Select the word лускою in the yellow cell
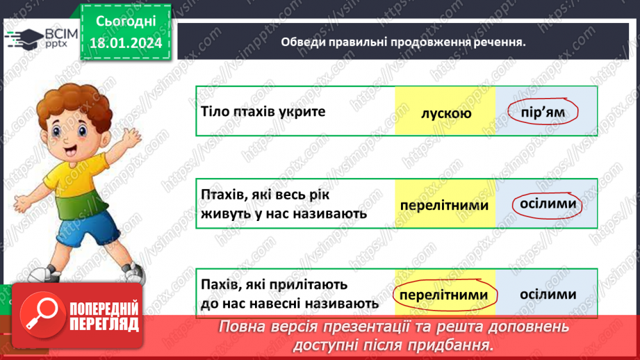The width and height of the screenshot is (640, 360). tap(446, 113)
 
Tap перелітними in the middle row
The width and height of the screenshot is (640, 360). tap(445, 206)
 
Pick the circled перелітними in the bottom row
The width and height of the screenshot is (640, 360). tap(445, 295)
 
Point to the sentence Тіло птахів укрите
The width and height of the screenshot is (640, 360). tap(263, 111)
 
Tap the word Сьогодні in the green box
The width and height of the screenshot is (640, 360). tap(125, 23)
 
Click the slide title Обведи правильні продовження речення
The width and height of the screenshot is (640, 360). tap(403, 42)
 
